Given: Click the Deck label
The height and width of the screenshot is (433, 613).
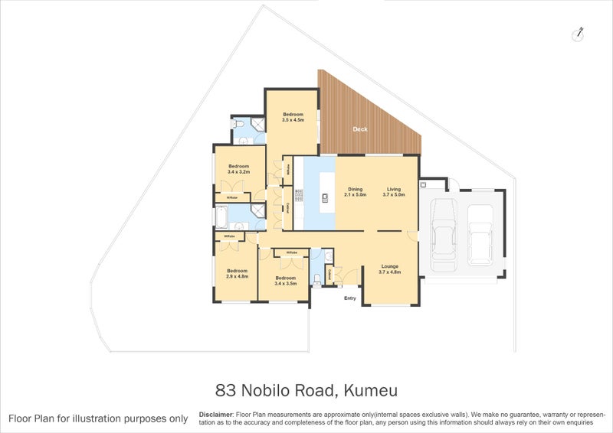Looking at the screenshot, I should pos(360,129).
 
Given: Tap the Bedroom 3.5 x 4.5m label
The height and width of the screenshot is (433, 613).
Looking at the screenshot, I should pos(293,117).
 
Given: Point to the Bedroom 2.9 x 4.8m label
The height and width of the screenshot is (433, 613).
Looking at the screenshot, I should pos(237,273).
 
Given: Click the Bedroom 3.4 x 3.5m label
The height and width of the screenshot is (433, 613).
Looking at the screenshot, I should pos(286,281).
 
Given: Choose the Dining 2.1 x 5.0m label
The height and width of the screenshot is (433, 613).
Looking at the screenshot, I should pos(356,192).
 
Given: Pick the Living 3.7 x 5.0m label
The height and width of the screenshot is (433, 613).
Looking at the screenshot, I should pos(394,192).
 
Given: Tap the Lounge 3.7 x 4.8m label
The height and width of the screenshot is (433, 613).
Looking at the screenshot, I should pos(391,269).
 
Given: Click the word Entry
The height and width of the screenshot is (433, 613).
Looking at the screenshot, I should pos(350,298).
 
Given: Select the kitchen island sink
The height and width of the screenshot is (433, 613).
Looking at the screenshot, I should pos(325,197).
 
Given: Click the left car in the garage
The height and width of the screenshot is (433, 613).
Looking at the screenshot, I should pos(445,233).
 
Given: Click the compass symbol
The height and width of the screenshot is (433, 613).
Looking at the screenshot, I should pos(579,34).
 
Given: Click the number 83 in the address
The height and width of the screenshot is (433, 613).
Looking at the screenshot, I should pos(228,392).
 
